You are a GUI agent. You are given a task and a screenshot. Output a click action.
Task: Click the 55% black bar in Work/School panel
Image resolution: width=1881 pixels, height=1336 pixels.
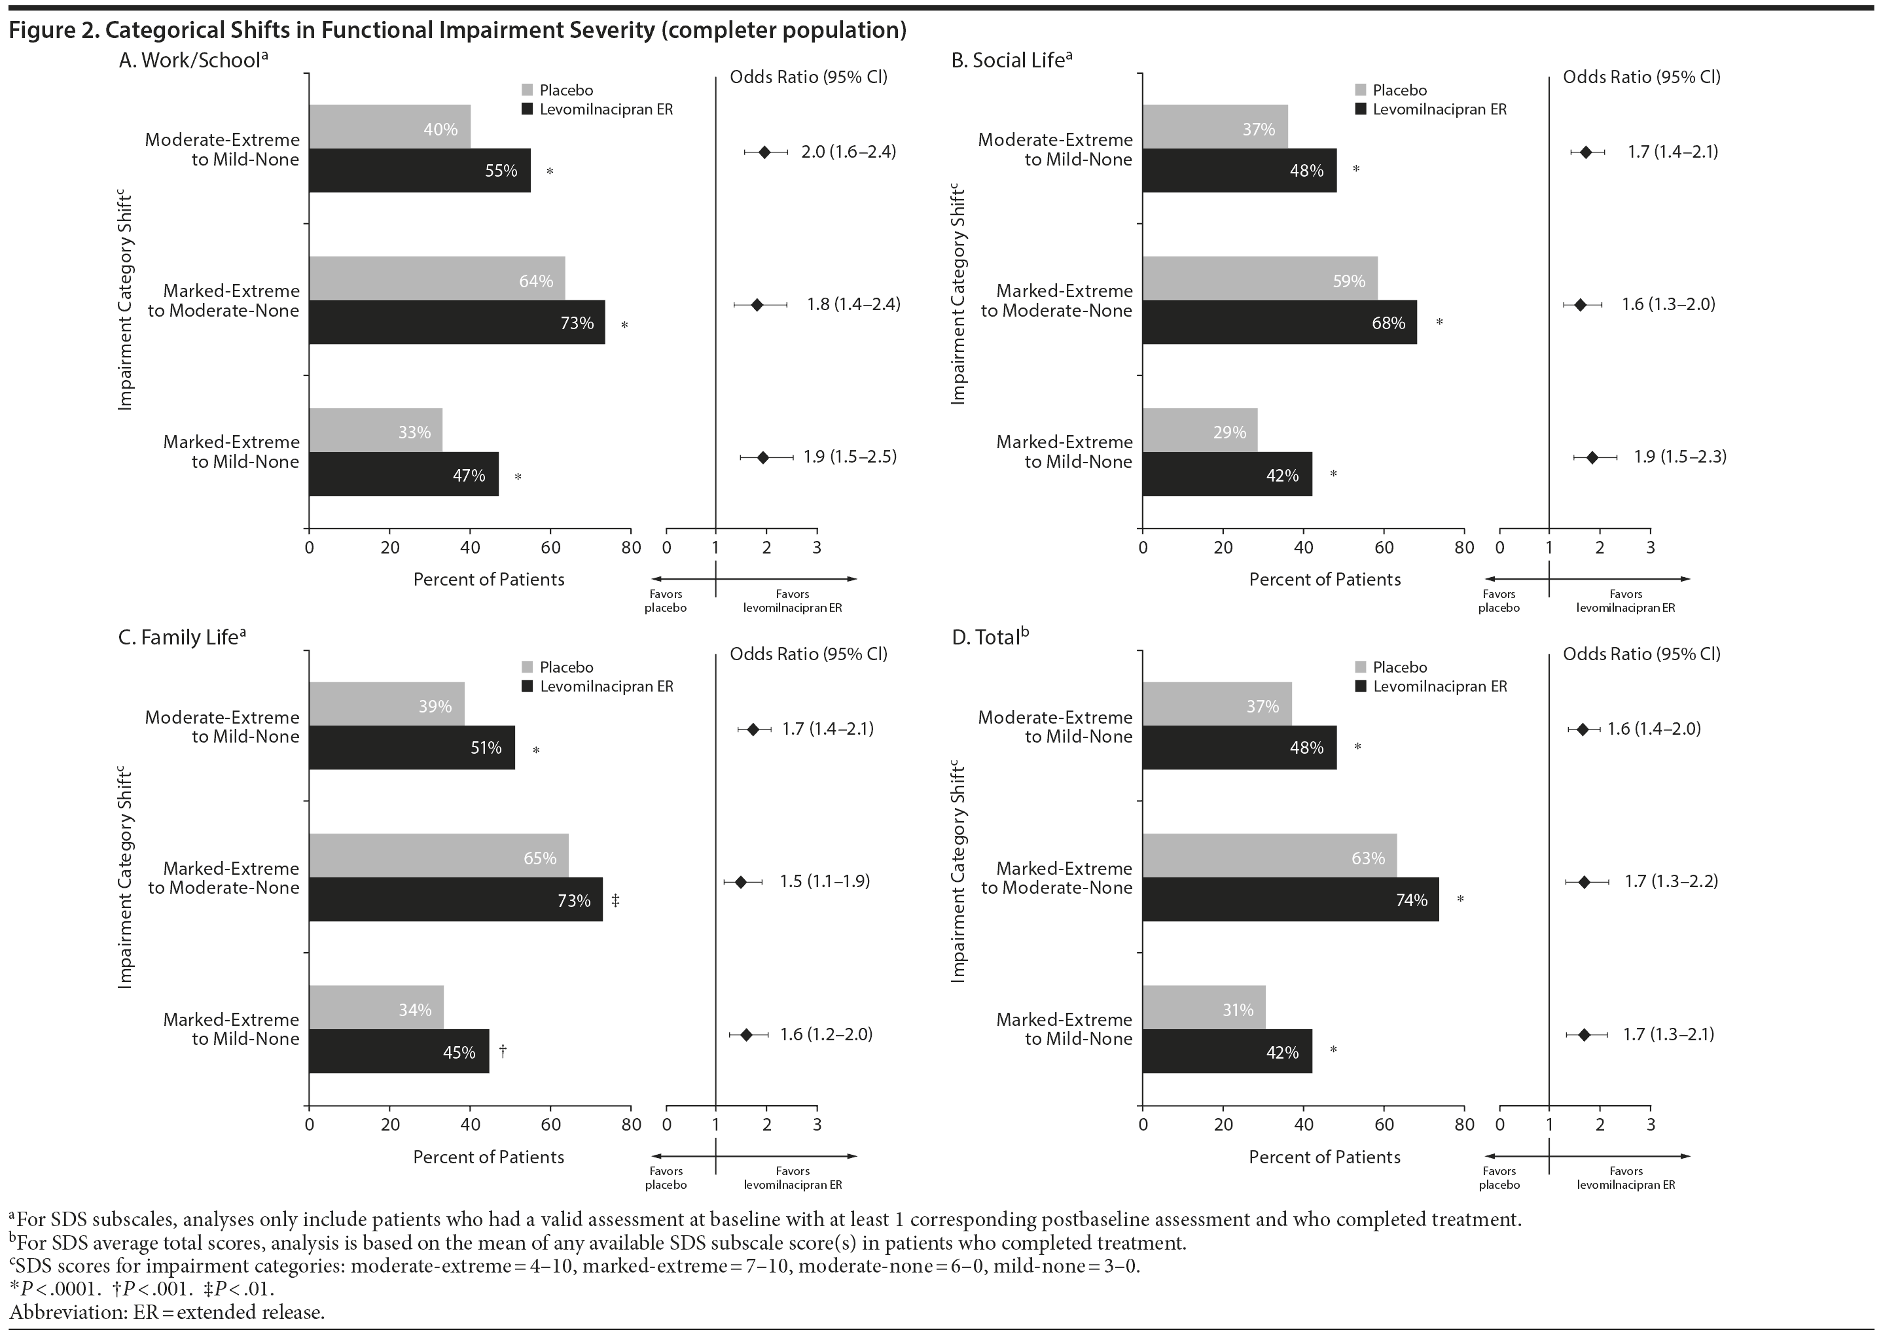pyautogui.click(x=420, y=170)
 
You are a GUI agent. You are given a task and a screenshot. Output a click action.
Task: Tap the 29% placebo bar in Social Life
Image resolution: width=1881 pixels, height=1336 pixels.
pyautogui.click(x=1200, y=431)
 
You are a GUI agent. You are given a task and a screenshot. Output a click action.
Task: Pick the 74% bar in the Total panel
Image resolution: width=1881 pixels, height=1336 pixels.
pyautogui.click(x=1290, y=899)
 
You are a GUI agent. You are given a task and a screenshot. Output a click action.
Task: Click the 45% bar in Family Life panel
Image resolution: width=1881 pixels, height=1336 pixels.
pyautogui.click(x=399, y=1051)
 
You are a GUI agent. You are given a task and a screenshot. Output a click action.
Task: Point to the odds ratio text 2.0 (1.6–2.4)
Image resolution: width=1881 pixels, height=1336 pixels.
pyautogui.click(x=848, y=151)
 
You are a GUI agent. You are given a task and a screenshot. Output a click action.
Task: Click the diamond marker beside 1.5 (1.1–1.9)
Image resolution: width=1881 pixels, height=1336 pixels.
pyautogui.click(x=740, y=882)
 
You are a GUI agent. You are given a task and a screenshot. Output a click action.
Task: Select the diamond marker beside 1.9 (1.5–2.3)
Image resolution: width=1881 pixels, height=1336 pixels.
pyautogui.click(x=1592, y=457)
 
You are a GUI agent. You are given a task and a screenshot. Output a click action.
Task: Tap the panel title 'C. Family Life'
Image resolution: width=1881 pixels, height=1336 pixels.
pyautogui.click(x=182, y=637)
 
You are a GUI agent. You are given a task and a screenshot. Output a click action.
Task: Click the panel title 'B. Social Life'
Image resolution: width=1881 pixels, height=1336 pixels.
pyautogui.click(x=1011, y=60)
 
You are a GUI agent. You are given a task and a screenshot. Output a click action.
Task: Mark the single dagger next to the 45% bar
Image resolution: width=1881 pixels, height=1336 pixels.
pyautogui.click(x=503, y=1051)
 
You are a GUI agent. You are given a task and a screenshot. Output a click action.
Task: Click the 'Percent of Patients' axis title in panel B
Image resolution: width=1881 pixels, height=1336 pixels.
pyautogui.click(x=1324, y=579)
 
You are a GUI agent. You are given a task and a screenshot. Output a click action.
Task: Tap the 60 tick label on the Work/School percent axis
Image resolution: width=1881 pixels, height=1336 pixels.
pyautogui.click(x=550, y=548)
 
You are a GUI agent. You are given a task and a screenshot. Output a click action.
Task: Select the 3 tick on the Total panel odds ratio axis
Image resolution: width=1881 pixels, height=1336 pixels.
pyautogui.click(x=1650, y=1125)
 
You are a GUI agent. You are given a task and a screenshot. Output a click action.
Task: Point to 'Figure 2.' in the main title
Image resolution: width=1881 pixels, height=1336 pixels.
pyautogui.click(x=52, y=31)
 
